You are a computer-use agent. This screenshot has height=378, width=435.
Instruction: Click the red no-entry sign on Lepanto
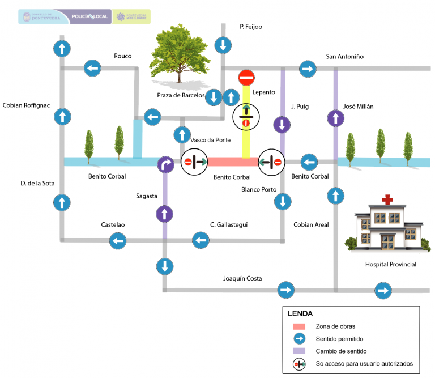[246, 78]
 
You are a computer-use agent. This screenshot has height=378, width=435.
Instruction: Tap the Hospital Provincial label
[390, 265]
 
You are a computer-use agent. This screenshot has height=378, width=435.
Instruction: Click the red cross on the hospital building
[387, 199]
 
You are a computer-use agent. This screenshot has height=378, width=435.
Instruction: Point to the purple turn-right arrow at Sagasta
[165, 163]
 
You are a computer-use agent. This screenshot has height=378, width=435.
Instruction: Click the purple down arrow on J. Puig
[282, 125]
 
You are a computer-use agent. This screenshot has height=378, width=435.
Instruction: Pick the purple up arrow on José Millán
[335, 118]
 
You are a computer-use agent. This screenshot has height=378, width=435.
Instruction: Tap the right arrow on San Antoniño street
[308, 69]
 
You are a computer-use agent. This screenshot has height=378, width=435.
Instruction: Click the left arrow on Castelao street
[118, 241]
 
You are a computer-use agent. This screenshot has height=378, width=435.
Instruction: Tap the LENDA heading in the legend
[300, 313]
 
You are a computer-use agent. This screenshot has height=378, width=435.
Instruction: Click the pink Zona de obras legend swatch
[299, 326]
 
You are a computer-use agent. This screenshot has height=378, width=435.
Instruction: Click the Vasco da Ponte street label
[210, 141]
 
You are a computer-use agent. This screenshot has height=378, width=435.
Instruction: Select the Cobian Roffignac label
[27, 105]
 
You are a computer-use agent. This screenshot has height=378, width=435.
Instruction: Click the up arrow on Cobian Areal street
[335, 196]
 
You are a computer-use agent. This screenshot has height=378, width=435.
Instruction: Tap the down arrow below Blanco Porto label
[282, 201]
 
